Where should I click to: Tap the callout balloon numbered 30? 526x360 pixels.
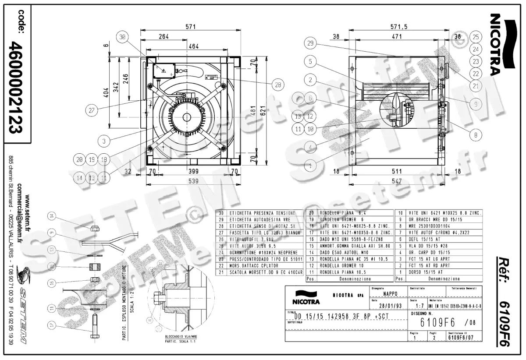[x=123, y=38]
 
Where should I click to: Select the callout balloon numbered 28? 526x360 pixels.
[x=277, y=85]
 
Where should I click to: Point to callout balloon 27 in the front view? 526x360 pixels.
[x=91, y=110]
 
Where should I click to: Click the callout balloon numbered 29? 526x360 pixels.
[x=310, y=43]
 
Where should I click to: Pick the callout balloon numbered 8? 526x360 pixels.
[x=475, y=136]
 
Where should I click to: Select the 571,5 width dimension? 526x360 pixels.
[x=398, y=27]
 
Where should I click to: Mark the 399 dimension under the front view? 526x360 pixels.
[x=192, y=171]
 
